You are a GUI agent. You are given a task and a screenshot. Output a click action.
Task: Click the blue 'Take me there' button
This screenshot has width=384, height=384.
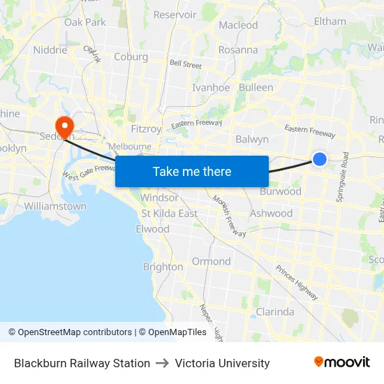tap(192, 171)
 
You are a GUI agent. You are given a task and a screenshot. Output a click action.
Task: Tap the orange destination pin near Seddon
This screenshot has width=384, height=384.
tap(65, 126)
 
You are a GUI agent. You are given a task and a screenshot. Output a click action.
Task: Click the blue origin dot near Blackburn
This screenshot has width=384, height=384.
tap(320, 159)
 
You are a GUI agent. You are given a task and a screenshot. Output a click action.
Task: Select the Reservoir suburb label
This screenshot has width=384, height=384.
tap(175, 15)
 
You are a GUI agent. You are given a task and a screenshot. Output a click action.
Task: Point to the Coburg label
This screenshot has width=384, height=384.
tap(131, 57)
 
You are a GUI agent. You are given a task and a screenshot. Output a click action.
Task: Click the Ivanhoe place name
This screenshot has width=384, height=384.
tap(211, 87)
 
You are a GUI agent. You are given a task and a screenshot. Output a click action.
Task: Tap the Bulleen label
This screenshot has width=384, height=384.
tap(256, 87)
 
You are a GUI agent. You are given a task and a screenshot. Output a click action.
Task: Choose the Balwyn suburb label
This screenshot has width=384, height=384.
tap(252, 139)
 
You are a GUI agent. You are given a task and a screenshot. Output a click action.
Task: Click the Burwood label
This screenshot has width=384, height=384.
tap(281, 191)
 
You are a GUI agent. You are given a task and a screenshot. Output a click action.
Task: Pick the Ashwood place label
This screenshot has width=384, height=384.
tap(271, 213)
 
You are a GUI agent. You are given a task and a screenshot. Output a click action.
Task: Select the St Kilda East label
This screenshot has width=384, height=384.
tap(170, 213)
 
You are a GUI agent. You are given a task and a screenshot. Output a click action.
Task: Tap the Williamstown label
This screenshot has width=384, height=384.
tap(55, 206)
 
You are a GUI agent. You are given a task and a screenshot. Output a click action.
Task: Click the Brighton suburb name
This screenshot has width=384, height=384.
tap(163, 267)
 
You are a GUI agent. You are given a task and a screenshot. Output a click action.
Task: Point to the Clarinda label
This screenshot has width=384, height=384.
tap(275, 311)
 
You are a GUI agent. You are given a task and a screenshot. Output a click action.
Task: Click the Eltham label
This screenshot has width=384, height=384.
tap(330, 21)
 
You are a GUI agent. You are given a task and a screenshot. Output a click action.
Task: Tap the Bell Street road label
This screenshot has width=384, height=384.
tap(186, 65)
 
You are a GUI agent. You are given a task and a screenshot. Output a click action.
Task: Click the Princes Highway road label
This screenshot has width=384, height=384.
tap(296, 277)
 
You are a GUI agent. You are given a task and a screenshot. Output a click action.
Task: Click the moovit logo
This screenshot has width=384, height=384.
tap(342, 362)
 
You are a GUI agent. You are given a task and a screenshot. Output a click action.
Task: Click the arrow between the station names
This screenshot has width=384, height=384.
tap(163, 363)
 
